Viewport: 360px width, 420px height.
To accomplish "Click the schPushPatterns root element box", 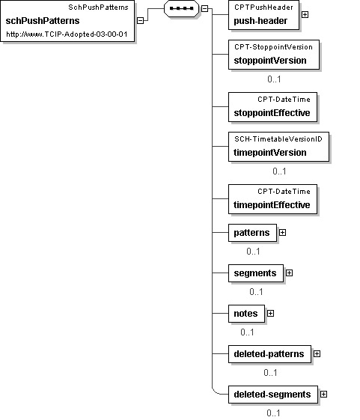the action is pos(67,21).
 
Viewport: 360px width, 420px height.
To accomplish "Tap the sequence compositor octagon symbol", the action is pos(182,8).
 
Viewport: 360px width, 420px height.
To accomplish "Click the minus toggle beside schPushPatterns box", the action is pos(140,21).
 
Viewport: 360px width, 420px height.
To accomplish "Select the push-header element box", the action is pos(263,15).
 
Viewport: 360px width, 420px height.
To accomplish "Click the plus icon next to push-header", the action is pos(305,15).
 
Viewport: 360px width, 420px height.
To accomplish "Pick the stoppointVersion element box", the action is pos(274,55).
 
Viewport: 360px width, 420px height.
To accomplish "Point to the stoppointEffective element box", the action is pos(272,107).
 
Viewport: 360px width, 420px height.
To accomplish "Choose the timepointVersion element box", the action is pos(278,147).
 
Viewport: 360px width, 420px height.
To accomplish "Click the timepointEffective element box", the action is pos(272,199).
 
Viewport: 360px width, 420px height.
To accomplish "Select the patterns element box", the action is pos(252,233).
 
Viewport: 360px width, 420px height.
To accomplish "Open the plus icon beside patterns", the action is pos(282,233).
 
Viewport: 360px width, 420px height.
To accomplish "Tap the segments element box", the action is pos(256,273).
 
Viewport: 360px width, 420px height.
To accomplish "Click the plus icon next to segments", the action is pos(289,273).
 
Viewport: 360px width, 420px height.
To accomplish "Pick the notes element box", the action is pos(247,314).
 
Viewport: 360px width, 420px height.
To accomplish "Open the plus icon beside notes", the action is pos(270,314).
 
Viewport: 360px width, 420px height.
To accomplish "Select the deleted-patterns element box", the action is pos(269,354).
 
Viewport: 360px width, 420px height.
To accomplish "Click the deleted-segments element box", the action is pos(273,395).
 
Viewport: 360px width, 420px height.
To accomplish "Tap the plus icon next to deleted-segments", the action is pos(323,395).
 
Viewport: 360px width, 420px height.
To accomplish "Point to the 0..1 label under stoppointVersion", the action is pos(274,79).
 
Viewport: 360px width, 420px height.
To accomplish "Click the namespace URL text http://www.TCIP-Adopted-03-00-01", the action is pos(67,34).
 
